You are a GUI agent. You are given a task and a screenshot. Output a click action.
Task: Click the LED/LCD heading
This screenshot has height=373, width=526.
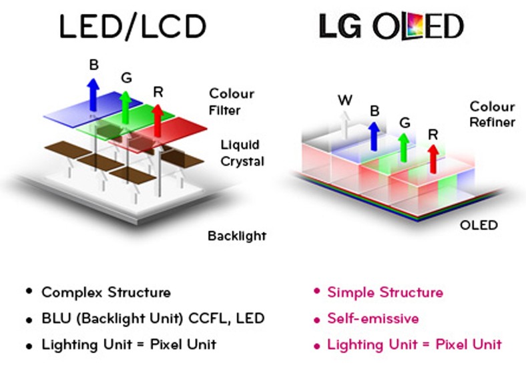pyautogui.click(x=131, y=27)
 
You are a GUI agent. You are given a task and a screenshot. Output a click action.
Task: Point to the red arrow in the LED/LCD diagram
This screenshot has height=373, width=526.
pyautogui.click(x=158, y=120)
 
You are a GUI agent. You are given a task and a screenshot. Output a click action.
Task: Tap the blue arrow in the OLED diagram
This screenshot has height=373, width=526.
pyautogui.click(x=374, y=134)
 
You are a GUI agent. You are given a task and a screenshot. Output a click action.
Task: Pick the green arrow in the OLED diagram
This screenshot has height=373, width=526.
pyautogui.click(x=403, y=146)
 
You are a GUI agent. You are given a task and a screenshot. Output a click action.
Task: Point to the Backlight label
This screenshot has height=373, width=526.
pyautogui.click(x=236, y=236)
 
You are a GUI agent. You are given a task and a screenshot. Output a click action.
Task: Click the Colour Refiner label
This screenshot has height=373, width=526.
pyautogui.click(x=492, y=114)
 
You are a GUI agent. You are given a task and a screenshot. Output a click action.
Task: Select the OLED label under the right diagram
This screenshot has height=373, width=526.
pyautogui.click(x=479, y=225)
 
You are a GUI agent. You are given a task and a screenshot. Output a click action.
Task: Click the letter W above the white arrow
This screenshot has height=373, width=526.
pyautogui.click(x=345, y=101)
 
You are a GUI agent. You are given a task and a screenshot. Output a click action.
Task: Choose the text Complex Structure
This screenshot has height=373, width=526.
pyautogui.click(x=106, y=292)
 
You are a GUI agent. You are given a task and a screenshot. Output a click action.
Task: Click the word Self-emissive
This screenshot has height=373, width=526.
pyautogui.click(x=373, y=319)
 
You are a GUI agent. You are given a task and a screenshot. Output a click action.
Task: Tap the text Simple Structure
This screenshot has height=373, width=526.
pyautogui.click(x=385, y=292)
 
